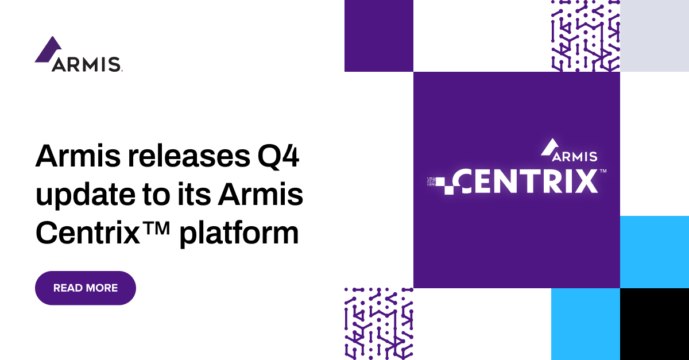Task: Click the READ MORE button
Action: (x=86, y=288)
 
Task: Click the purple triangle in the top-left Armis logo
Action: (x=48, y=49)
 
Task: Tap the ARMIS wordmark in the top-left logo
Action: (x=86, y=64)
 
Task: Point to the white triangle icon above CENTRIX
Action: (x=548, y=147)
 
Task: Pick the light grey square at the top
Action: (x=655, y=36)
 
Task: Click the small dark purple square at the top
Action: (x=378, y=36)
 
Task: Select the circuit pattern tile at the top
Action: (x=585, y=36)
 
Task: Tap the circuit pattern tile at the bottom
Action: (x=378, y=324)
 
